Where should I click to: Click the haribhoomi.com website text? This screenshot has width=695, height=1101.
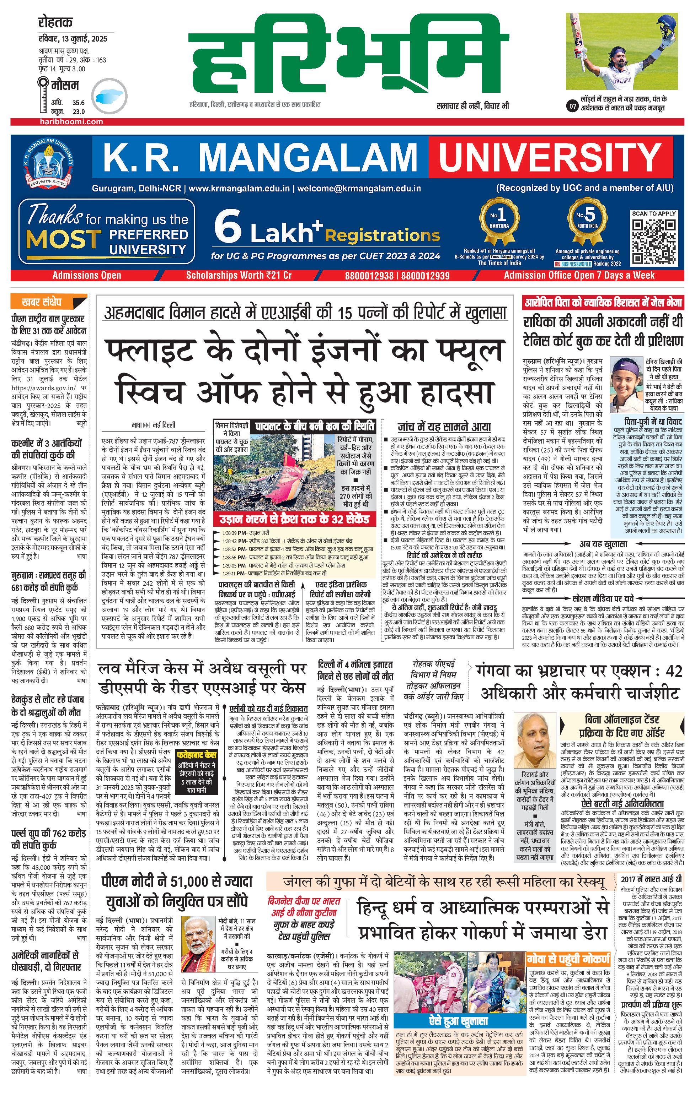pos(71,121)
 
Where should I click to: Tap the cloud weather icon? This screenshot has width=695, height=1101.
pos(109,97)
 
